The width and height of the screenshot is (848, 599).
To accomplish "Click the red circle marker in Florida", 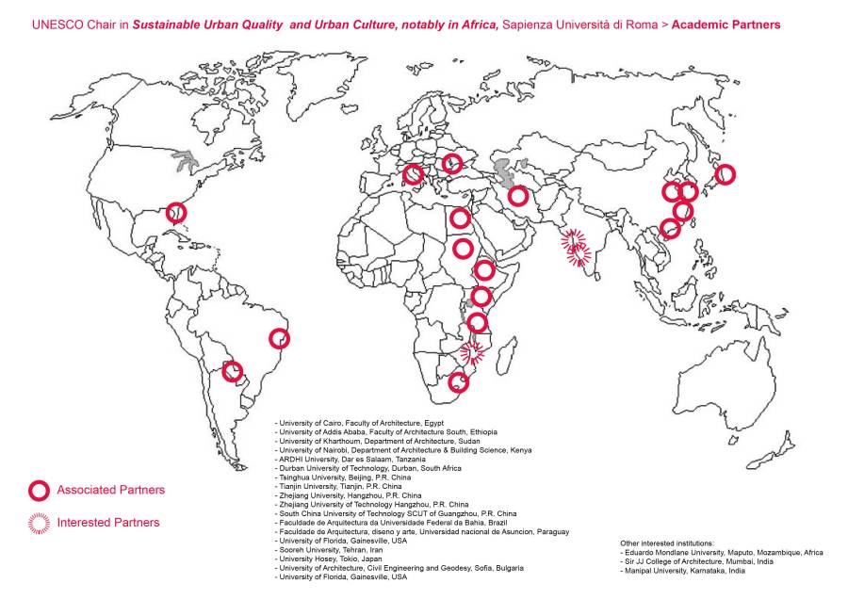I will (x=176, y=213).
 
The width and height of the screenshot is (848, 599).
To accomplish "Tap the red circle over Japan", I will (x=725, y=174).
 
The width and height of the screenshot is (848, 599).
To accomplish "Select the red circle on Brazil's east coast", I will (x=279, y=338).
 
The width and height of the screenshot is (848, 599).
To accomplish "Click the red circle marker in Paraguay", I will (x=231, y=371).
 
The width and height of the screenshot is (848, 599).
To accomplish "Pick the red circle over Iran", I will (x=518, y=196).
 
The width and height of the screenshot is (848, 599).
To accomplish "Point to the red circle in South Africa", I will (x=459, y=381).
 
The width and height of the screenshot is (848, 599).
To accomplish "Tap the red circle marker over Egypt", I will (x=460, y=219).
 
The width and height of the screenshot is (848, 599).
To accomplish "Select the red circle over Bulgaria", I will (x=452, y=164).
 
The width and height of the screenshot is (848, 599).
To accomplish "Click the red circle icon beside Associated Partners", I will (x=39, y=491).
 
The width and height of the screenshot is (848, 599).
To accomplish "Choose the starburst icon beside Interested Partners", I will (x=39, y=523).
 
